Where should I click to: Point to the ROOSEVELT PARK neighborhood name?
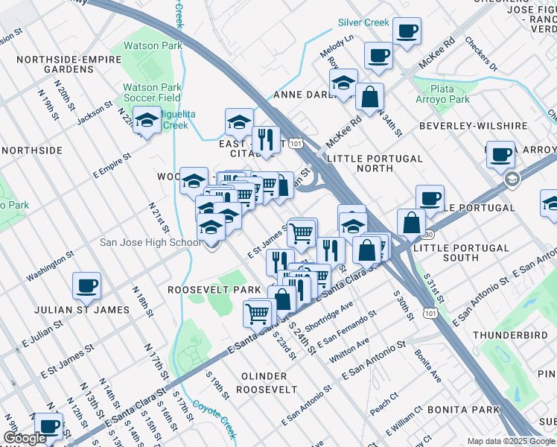pyautogui.click(x=214, y=289)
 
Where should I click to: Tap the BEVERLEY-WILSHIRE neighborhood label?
pyautogui.click(x=463, y=126)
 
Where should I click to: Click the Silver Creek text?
pyautogui.click(x=364, y=22)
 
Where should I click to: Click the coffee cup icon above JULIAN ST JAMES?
pyautogui.click(x=86, y=285)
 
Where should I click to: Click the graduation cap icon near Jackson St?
pyautogui.click(x=147, y=120)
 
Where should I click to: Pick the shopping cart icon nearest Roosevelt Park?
pyautogui.click(x=257, y=311)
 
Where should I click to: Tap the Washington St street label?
pyautogui.click(x=51, y=265)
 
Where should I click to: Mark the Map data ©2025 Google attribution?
pyautogui.click(x=510, y=441)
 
